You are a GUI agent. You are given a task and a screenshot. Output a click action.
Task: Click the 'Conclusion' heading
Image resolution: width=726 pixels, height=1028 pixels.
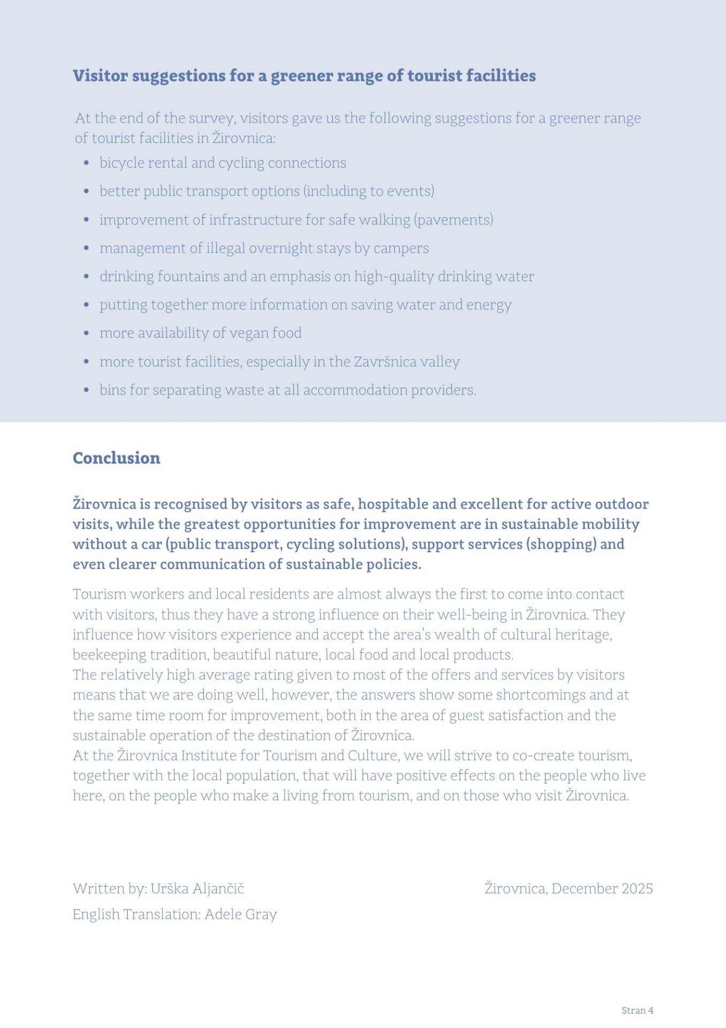tap(116, 458)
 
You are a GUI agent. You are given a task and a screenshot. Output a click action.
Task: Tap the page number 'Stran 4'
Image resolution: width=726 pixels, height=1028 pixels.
tap(637, 1010)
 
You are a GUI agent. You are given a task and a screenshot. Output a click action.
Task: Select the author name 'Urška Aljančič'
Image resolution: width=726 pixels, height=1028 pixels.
tap(197, 889)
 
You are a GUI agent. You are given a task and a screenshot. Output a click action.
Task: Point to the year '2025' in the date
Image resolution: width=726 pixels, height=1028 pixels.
tap(637, 889)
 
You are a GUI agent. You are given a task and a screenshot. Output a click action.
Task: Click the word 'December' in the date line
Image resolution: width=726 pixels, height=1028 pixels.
tap(584, 889)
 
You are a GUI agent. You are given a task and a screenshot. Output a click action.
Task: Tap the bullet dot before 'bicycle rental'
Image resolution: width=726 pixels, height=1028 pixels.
tap(86, 163)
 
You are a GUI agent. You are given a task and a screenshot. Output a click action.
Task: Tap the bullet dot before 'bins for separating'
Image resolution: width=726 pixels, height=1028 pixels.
tap(86, 390)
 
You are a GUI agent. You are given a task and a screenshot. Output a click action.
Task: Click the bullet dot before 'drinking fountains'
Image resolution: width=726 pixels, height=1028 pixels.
tap(86, 277)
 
